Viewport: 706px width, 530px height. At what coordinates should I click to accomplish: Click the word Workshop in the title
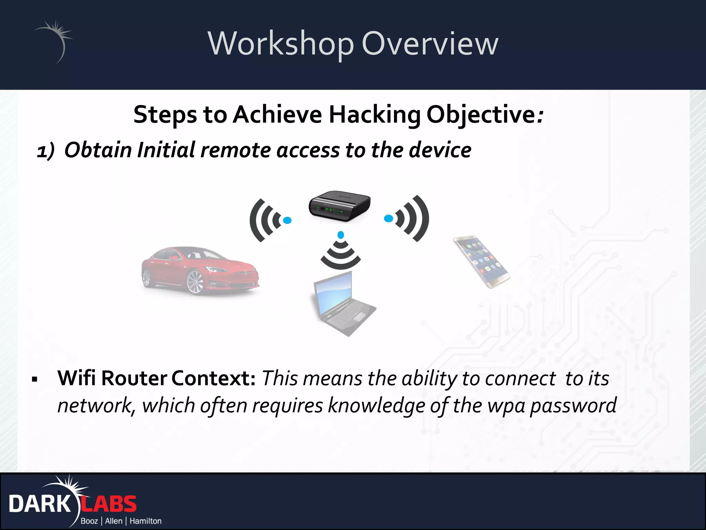(x=281, y=44)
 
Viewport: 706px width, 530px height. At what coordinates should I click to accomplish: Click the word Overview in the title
(x=430, y=44)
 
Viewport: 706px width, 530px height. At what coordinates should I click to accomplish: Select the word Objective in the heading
(x=481, y=115)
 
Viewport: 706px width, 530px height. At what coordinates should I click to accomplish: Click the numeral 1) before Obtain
(x=46, y=151)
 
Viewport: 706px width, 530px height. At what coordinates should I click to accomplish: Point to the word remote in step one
(x=235, y=150)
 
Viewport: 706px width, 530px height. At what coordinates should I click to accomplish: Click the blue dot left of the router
(x=287, y=220)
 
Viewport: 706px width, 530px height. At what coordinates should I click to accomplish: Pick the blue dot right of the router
(x=389, y=218)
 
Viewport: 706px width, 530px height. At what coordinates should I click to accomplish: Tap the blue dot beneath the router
(x=341, y=235)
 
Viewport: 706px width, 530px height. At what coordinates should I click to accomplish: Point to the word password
(x=573, y=405)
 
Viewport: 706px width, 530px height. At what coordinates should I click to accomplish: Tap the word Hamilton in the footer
(x=145, y=521)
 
